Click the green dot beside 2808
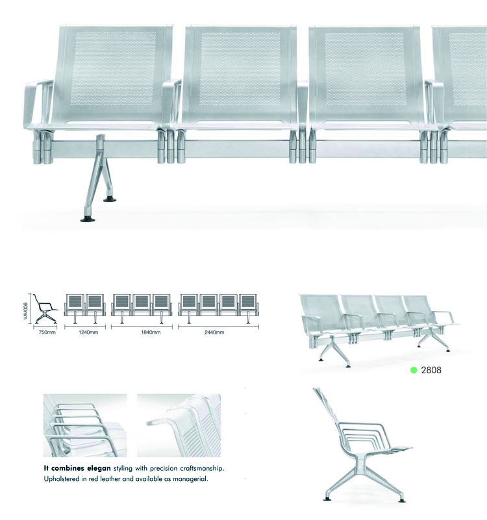click(414, 370)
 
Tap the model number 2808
click(431, 370)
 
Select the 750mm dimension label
click(47, 332)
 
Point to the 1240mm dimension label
click(88, 332)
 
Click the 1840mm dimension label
click(151, 332)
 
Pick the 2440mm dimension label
click(214, 332)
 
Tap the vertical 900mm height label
click(25, 311)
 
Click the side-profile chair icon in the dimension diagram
click(45, 309)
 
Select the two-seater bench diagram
click(85, 308)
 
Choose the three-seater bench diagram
click(142, 308)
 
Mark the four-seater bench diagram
click(219, 308)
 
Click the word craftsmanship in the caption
click(202, 469)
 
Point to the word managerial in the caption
click(190, 479)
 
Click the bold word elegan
click(99, 468)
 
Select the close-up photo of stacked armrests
click(85, 425)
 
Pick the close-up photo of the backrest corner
click(179, 425)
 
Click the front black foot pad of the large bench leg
click(88, 219)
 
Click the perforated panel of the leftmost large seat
click(114, 69)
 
